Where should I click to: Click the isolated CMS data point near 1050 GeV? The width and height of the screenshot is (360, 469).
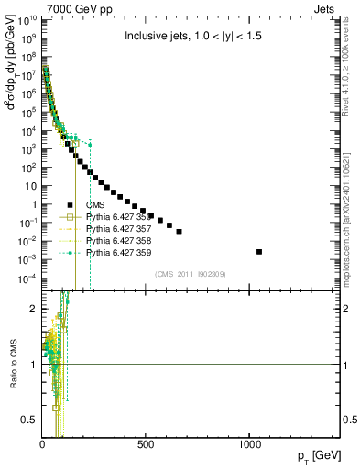pos(259,252)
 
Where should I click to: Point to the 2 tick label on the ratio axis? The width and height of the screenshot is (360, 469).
pos(33,309)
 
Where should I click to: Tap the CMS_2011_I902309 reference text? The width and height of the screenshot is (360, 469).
pos(195,274)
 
